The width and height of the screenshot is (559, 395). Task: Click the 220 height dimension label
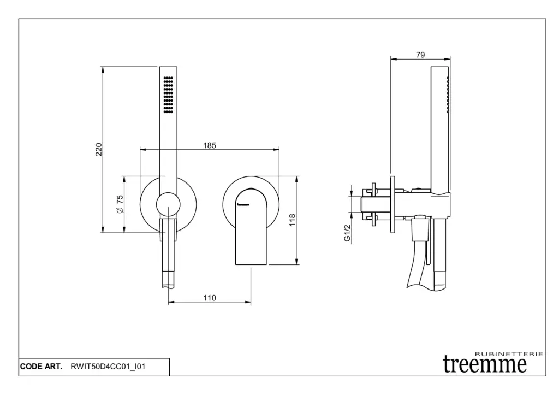click(99, 149)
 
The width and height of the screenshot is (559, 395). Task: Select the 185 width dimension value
click(210, 145)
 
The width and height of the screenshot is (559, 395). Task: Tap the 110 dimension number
click(210, 298)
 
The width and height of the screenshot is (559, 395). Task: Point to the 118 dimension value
click(292, 220)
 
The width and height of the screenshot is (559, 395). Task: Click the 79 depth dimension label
click(420, 55)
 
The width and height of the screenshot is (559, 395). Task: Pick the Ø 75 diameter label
click(120, 204)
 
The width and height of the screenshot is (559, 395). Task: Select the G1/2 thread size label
click(347, 233)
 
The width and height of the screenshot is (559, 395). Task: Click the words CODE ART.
click(41, 367)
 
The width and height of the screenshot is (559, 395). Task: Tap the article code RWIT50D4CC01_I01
click(108, 367)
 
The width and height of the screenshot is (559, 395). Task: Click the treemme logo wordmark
click(485, 364)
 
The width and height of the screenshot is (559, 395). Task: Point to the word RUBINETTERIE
click(509, 354)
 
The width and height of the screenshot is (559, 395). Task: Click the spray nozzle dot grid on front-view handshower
click(168, 95)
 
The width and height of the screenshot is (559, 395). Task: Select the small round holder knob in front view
click(168, 205)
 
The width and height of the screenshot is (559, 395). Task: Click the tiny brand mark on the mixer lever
click(243, 205)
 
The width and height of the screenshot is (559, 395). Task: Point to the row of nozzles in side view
click(448, 95)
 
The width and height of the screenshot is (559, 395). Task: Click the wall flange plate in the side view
click(393, 204)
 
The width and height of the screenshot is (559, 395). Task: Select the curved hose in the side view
click(417, 264)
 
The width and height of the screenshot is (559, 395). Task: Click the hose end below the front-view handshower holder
click(168, 280)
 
